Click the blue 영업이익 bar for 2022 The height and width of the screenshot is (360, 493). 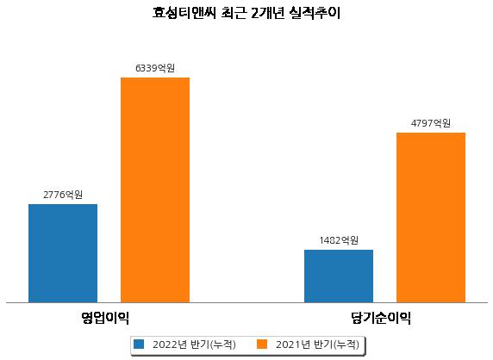(63, 253)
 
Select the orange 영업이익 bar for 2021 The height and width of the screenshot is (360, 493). (155, 190)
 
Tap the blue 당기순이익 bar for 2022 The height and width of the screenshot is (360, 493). (339, 276)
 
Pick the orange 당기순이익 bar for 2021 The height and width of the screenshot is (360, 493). (431, 218)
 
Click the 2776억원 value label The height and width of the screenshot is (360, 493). (63, 195)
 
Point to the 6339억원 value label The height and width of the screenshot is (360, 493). (155, 68)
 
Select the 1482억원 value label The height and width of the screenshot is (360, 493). (339, 240)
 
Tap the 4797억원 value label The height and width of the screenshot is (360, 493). (431, 123)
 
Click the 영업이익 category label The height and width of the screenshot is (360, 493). (105, 318)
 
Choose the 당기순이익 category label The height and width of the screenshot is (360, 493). (381, 318)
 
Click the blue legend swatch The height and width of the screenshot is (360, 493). (139, 344)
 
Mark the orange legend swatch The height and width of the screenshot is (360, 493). (262, 344)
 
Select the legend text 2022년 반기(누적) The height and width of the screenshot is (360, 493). (194, 344)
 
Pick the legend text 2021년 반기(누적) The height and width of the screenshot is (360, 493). (317, 344)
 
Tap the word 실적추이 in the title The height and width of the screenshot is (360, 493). (315, 13)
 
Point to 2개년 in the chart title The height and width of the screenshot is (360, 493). (268, 13)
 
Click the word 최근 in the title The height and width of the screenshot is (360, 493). (234, 13)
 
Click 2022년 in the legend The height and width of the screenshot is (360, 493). (170, 344)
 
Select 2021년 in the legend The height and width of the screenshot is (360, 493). (293, 344)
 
